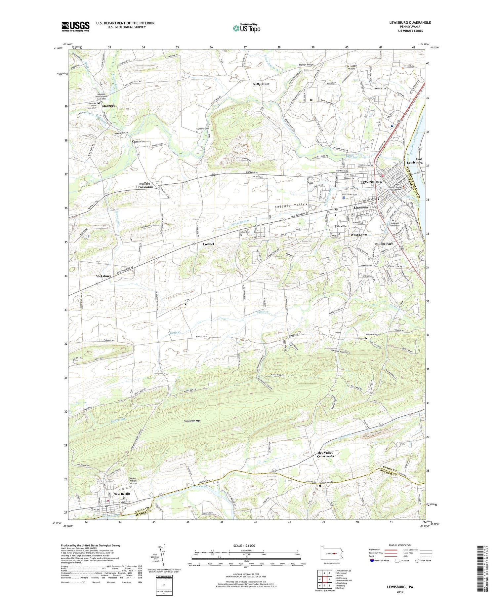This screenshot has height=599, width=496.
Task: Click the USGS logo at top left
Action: pos(75,26)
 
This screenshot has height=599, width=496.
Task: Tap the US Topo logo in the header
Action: pos(246,28)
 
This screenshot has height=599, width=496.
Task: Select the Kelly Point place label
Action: pos(261,84)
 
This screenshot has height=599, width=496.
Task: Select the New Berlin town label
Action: pos(122,494)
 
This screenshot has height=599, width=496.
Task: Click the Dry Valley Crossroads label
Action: pos(325,454)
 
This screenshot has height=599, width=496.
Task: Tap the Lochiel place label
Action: pos(208,244)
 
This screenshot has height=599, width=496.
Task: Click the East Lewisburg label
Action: pos(415,161)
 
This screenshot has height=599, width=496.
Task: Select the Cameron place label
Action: pos(139,141)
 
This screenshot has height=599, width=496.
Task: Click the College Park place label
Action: pos(384,244)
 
